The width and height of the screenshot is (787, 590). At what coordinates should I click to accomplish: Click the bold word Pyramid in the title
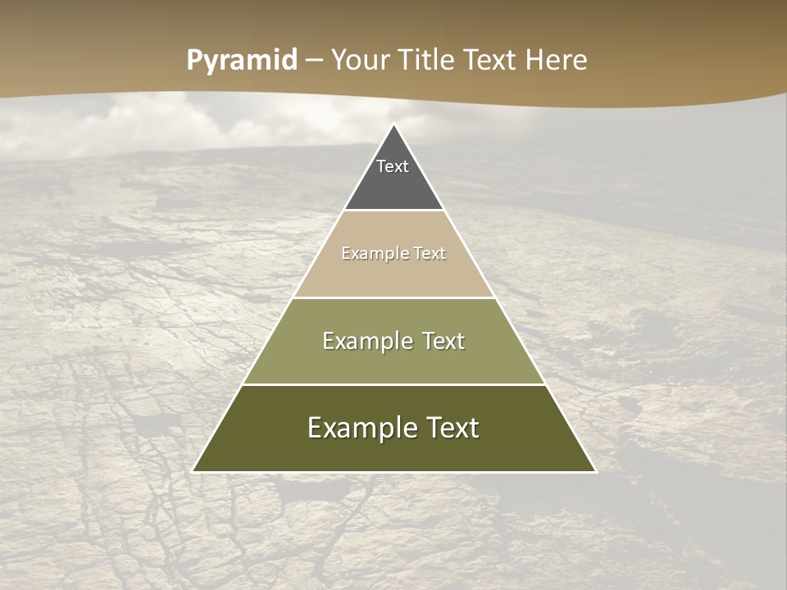pos(242,61)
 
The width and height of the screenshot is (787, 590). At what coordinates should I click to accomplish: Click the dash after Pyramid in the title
pos(314,61)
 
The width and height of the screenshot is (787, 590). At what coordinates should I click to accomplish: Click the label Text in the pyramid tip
pos(393,166)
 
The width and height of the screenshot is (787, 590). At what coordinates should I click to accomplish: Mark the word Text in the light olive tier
pos(444,341)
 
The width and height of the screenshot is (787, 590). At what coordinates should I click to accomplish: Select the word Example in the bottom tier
pos(361,428)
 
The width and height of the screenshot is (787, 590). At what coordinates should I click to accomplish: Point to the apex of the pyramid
pos(394,125)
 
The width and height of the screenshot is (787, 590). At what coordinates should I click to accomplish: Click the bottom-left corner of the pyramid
pos(193,471)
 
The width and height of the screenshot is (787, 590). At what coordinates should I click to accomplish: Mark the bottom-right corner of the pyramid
pos(595,471)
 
